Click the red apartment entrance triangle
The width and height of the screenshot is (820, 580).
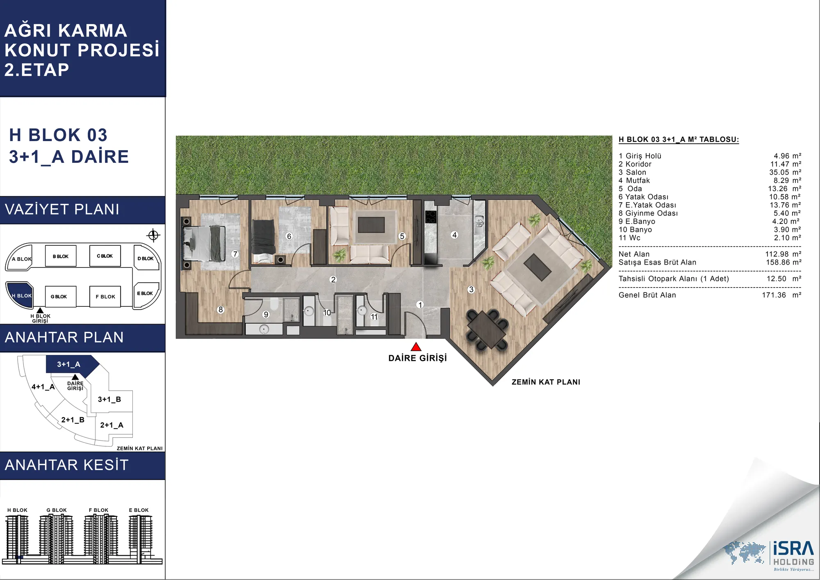416,347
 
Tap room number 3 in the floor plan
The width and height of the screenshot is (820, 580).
471,290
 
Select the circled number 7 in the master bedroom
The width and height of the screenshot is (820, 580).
235,254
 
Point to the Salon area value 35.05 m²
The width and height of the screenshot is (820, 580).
785,172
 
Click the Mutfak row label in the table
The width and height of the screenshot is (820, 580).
634,180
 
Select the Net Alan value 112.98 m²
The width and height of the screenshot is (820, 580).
783,254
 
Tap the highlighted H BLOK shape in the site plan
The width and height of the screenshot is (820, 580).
20,295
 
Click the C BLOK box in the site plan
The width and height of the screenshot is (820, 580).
105,256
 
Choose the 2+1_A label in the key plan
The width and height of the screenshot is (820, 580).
112,425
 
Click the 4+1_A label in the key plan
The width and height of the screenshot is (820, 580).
43,387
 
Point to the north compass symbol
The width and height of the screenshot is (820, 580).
153,235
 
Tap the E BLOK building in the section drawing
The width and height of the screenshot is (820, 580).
140,536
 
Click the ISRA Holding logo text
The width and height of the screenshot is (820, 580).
793,554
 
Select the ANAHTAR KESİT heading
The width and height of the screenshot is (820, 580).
67,465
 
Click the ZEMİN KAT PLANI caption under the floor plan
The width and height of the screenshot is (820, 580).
546,382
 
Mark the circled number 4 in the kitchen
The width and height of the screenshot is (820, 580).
454,235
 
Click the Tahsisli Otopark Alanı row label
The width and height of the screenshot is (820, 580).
674,279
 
